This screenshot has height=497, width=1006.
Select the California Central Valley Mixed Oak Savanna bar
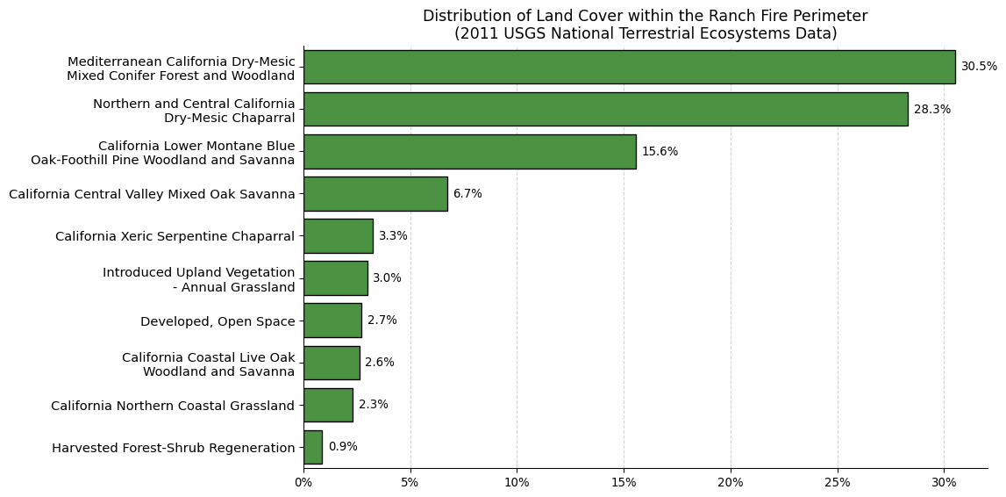click(375, 194)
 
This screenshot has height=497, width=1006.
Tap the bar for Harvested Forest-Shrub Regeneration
click(313, 447)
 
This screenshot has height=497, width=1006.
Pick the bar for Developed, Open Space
click(332, 321)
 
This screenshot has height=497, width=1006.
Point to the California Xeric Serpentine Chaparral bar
click(339, 235)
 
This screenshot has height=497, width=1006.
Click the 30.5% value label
click(979, 67)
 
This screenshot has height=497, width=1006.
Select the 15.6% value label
click(660, 152)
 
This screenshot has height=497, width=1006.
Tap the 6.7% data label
click(467, 194)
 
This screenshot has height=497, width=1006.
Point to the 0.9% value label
click(343, 447)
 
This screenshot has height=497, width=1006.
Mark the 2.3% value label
click(374, 405)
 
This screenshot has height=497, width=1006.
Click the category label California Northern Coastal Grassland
click(173, 406)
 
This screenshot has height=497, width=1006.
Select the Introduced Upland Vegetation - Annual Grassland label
click(199, 280)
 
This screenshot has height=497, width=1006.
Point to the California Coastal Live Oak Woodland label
click(209, 364)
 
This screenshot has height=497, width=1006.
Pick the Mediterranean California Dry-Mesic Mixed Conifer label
click(182, 68)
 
